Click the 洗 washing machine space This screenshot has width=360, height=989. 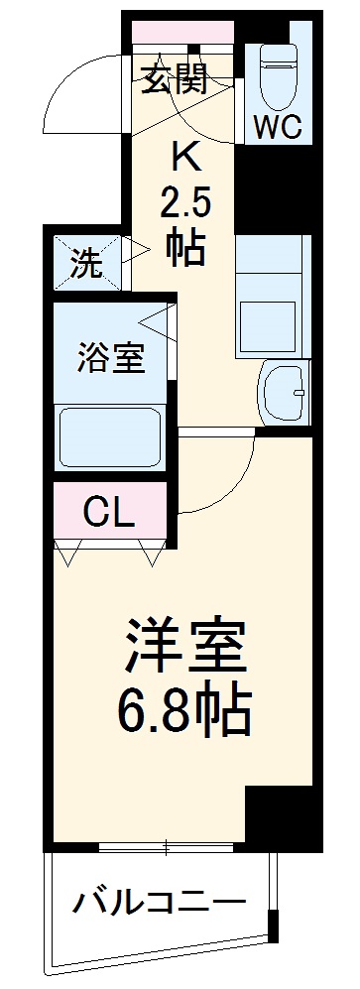pyautogui.click(x=86, y=265)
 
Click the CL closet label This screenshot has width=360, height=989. pyautogui.click(x=109, y=512)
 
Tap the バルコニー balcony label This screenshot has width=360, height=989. pyautogui.click(x=159, y=902)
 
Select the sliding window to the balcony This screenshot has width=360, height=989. pyautogui.click(x=166, y=846)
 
